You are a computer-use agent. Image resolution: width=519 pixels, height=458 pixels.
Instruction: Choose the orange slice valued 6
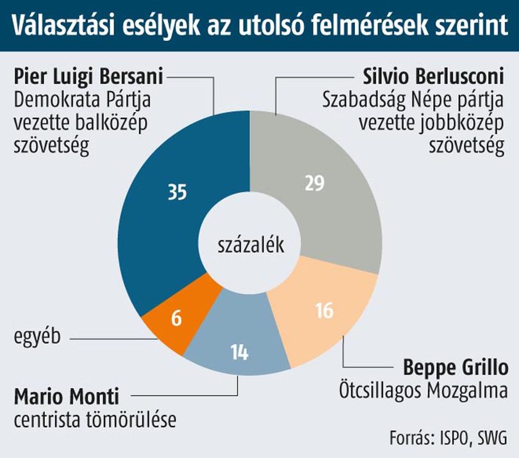click(179, 318)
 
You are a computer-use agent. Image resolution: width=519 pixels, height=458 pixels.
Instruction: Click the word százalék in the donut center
click(251, 245)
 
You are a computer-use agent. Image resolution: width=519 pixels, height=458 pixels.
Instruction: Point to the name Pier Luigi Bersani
click(88, 76)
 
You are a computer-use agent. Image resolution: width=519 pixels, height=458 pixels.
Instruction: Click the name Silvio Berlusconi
click(434, 76)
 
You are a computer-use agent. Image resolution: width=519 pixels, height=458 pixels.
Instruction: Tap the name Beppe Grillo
click(456, 367)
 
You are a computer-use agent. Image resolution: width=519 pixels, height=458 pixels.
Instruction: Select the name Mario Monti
click(66, 397)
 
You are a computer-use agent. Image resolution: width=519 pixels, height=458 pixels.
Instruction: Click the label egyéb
click(37, 337)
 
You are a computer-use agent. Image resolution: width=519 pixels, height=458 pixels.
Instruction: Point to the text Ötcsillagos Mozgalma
click(424, 391)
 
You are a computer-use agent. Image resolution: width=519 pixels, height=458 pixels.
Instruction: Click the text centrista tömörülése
click(95, 420)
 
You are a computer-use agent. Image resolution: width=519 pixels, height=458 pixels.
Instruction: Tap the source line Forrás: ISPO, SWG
click(448, 438)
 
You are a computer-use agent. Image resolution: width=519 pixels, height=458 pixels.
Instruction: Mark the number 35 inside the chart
click(177, 192)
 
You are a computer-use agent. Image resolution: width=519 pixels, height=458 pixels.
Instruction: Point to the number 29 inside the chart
click(315, 183)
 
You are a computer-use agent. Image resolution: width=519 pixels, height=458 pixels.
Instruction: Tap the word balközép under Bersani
click(111, 123)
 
